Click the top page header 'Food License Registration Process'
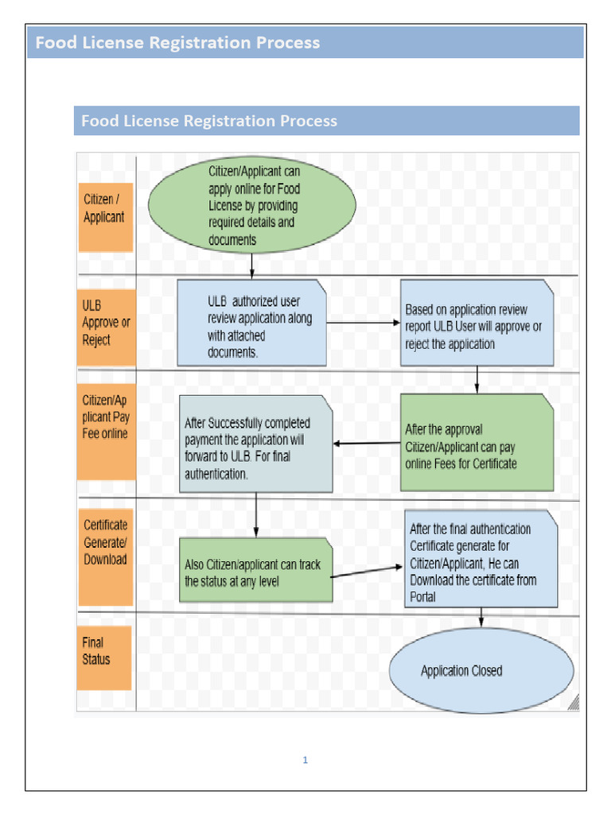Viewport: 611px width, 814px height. pos(177,43)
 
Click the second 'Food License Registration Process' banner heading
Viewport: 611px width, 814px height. pos(209,121)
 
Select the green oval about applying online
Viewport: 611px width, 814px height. pos(251,204)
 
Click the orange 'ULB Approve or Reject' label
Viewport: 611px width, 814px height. pos(105,323)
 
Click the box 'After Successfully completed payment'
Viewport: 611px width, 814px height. pos(255,445)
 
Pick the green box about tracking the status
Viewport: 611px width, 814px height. pos(255,570)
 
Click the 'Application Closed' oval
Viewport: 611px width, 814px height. pos(481,670)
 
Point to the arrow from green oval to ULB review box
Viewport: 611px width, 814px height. pos(251,266)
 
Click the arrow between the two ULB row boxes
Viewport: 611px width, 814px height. pos(362,323)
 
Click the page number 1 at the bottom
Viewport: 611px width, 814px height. pos(305,760)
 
